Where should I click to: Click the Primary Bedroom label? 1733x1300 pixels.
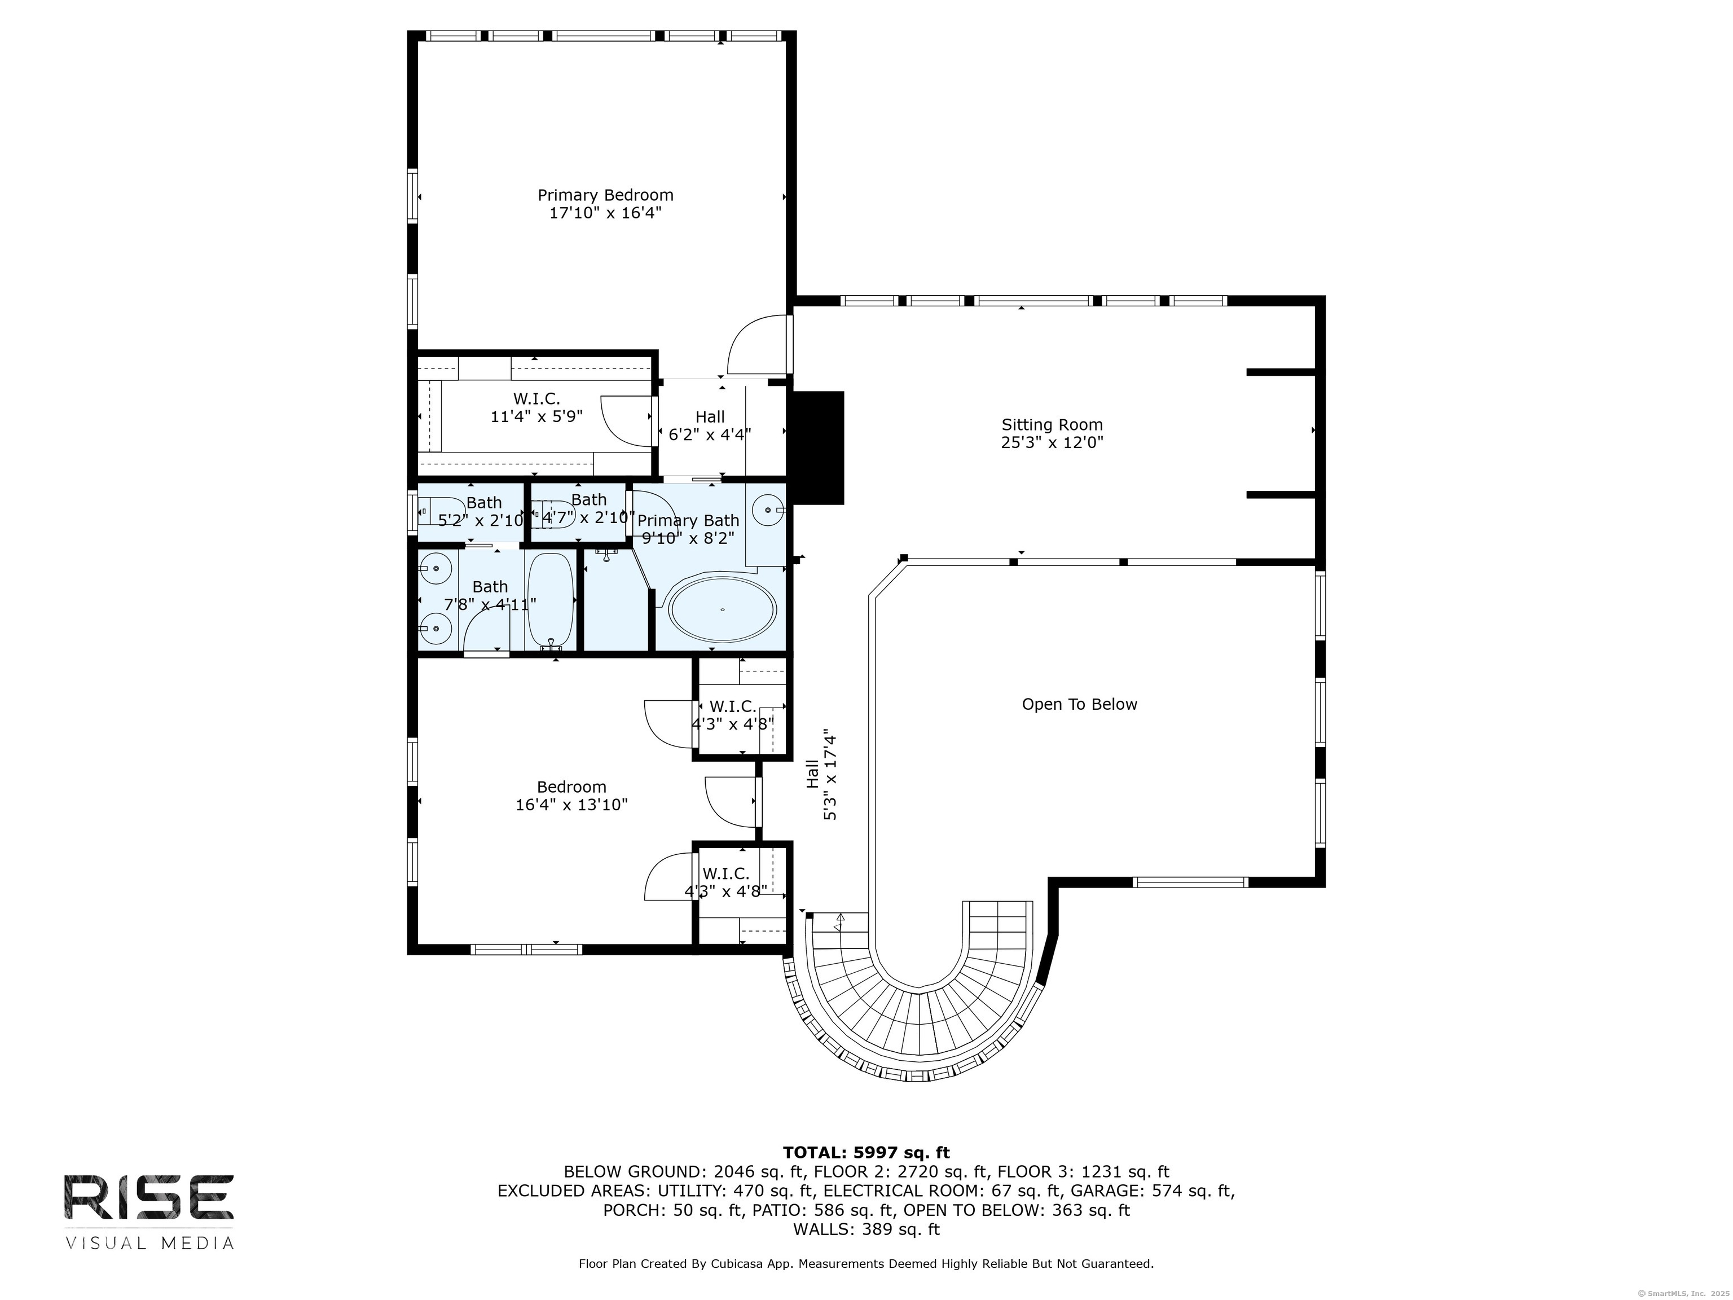[x=605, y=195]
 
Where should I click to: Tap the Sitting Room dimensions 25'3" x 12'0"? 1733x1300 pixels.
[x=1052, y=443]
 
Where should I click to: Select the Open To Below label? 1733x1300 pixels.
[x=1079, y=705]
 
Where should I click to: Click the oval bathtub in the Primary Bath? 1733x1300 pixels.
[x=722, y=609]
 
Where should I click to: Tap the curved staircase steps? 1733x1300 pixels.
[x=917, y=1026]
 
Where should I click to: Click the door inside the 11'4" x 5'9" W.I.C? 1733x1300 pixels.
[x=627, y=421]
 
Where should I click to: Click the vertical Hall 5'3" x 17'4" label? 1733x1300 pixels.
[x=821, y=775]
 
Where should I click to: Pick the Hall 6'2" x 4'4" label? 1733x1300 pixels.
[x=710, y=425]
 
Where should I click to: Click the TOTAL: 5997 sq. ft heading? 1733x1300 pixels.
[x=866, y=1153]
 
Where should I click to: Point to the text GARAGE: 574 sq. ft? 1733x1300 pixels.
[x=1152, y=1191]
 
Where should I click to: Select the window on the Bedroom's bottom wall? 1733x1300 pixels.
[x=526, y=950]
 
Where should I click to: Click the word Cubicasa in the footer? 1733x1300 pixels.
[x=737, y=1264]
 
